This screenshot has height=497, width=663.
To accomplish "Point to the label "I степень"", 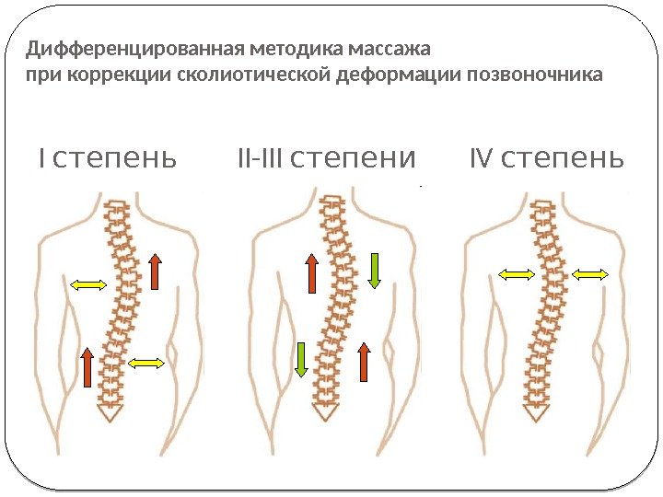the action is [x=107, y=160].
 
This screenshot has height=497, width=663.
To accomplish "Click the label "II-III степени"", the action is [x=326, y=160].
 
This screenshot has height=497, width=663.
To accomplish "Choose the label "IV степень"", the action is [x=547, y=160].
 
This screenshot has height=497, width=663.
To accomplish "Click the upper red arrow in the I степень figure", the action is [x=155, y=272].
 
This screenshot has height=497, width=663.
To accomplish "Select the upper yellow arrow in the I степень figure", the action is [x=90, y=285].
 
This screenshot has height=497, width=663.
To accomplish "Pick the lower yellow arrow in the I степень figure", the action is [x=145, y=364].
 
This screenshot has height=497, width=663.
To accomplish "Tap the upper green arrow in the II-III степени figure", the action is [x=374, y=269].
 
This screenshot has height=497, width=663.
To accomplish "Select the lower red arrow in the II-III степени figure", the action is [x=364, y=362].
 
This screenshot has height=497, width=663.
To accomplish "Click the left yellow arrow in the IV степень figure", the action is [x=516, y=273].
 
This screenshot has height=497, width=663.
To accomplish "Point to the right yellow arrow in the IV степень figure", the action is [x=589, y=273].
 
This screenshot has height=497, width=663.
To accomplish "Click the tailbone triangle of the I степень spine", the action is [x=110, y=410].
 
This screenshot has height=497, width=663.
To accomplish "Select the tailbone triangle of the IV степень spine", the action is [x=536, y=410].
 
